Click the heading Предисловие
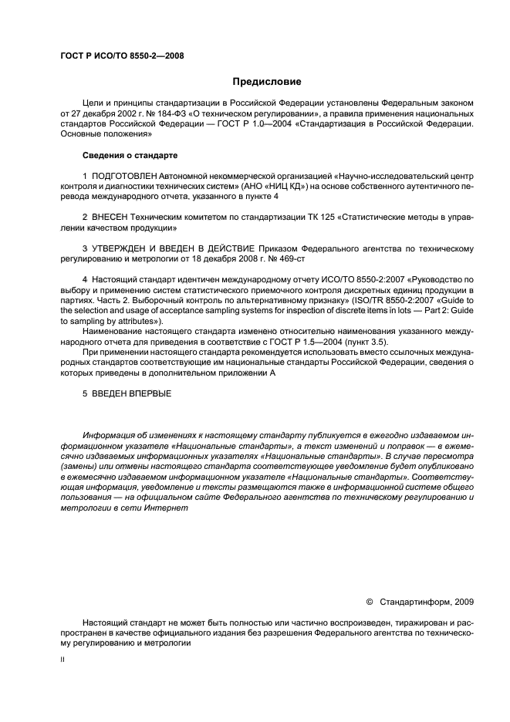tap(267, 82)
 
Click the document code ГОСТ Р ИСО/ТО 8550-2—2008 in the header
tap(122, 56)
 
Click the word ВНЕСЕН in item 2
tap(113, 219)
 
